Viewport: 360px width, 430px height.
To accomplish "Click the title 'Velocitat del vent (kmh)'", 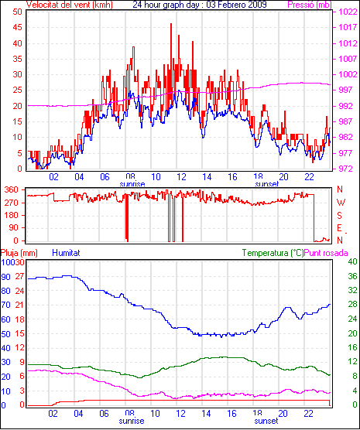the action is pyautogui.click(x=70, y=5).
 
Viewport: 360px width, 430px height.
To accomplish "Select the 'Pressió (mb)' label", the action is pyautogui.click(x=310, y=5).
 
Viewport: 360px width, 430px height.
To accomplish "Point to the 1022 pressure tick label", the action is pyautogui.click(x=348, y=12).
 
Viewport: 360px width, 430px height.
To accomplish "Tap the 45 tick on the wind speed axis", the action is pyautogui.click(x=18, y=27).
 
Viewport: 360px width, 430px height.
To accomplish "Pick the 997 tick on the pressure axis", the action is pyautogui.click(x=348, y=90).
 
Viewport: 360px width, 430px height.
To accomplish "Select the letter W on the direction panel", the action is pyautogui.click(x=341, y=203).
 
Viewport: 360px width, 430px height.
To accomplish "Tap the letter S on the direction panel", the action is pyautogui.click(x=339, y=216).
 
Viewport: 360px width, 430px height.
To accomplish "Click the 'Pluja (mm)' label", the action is pyautogui.click(x=19, y=253).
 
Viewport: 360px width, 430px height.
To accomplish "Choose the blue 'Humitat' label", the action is pyautogui.click(x=66, y=253).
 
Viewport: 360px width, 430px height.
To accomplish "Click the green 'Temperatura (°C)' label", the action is pyautogui.click(x=273, y=253).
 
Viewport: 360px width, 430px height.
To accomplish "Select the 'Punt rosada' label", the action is pyautogui.click(x=326, y=253).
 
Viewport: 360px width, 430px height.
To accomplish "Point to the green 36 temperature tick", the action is pyautogui.click(x=352, y=276).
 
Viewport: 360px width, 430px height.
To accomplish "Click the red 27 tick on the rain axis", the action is pyautogui.click(x=20, y=276).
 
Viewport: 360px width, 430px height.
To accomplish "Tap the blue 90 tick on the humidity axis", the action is pyautogui.click(x=5, y=277).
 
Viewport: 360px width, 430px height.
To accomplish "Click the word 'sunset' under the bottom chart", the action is pyautogui.click(x=266, y=421).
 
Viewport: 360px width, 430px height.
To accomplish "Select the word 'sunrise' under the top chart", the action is pyautogui.click(x=132, y=184).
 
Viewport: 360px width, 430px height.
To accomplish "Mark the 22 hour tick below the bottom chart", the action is pyautogui.click(x=309, y=413).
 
